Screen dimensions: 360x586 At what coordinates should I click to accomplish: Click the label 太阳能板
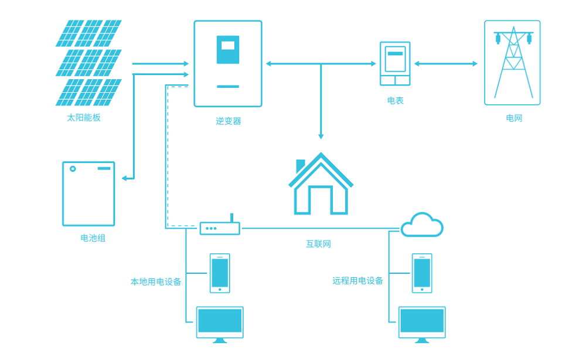(84, 117)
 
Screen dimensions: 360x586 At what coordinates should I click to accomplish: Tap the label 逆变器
(228, 121)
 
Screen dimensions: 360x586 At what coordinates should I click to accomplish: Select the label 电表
(395, 101)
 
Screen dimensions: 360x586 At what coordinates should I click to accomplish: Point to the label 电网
(513, 118)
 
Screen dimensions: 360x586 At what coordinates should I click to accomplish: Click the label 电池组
(93, 239)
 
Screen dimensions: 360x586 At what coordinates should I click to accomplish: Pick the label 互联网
(318, 244)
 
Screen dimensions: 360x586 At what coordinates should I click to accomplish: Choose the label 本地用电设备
(156, 281)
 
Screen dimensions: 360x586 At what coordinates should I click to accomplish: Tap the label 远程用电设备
(357, 281)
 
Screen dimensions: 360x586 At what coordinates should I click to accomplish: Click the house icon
(321, 185)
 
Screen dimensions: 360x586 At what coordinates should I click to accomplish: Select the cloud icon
(422, 225)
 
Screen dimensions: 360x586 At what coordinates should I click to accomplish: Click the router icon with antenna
(220, 227)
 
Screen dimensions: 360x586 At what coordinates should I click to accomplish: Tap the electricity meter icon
(395, 64)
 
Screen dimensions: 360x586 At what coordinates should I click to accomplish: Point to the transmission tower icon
(513, 63)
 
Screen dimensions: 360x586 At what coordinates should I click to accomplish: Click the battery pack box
(88, 193)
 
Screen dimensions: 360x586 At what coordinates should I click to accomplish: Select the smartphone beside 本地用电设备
(220, 273)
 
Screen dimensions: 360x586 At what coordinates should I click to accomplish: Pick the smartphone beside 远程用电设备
(422, 273)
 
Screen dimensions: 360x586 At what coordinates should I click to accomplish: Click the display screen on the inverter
(228, 46)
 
